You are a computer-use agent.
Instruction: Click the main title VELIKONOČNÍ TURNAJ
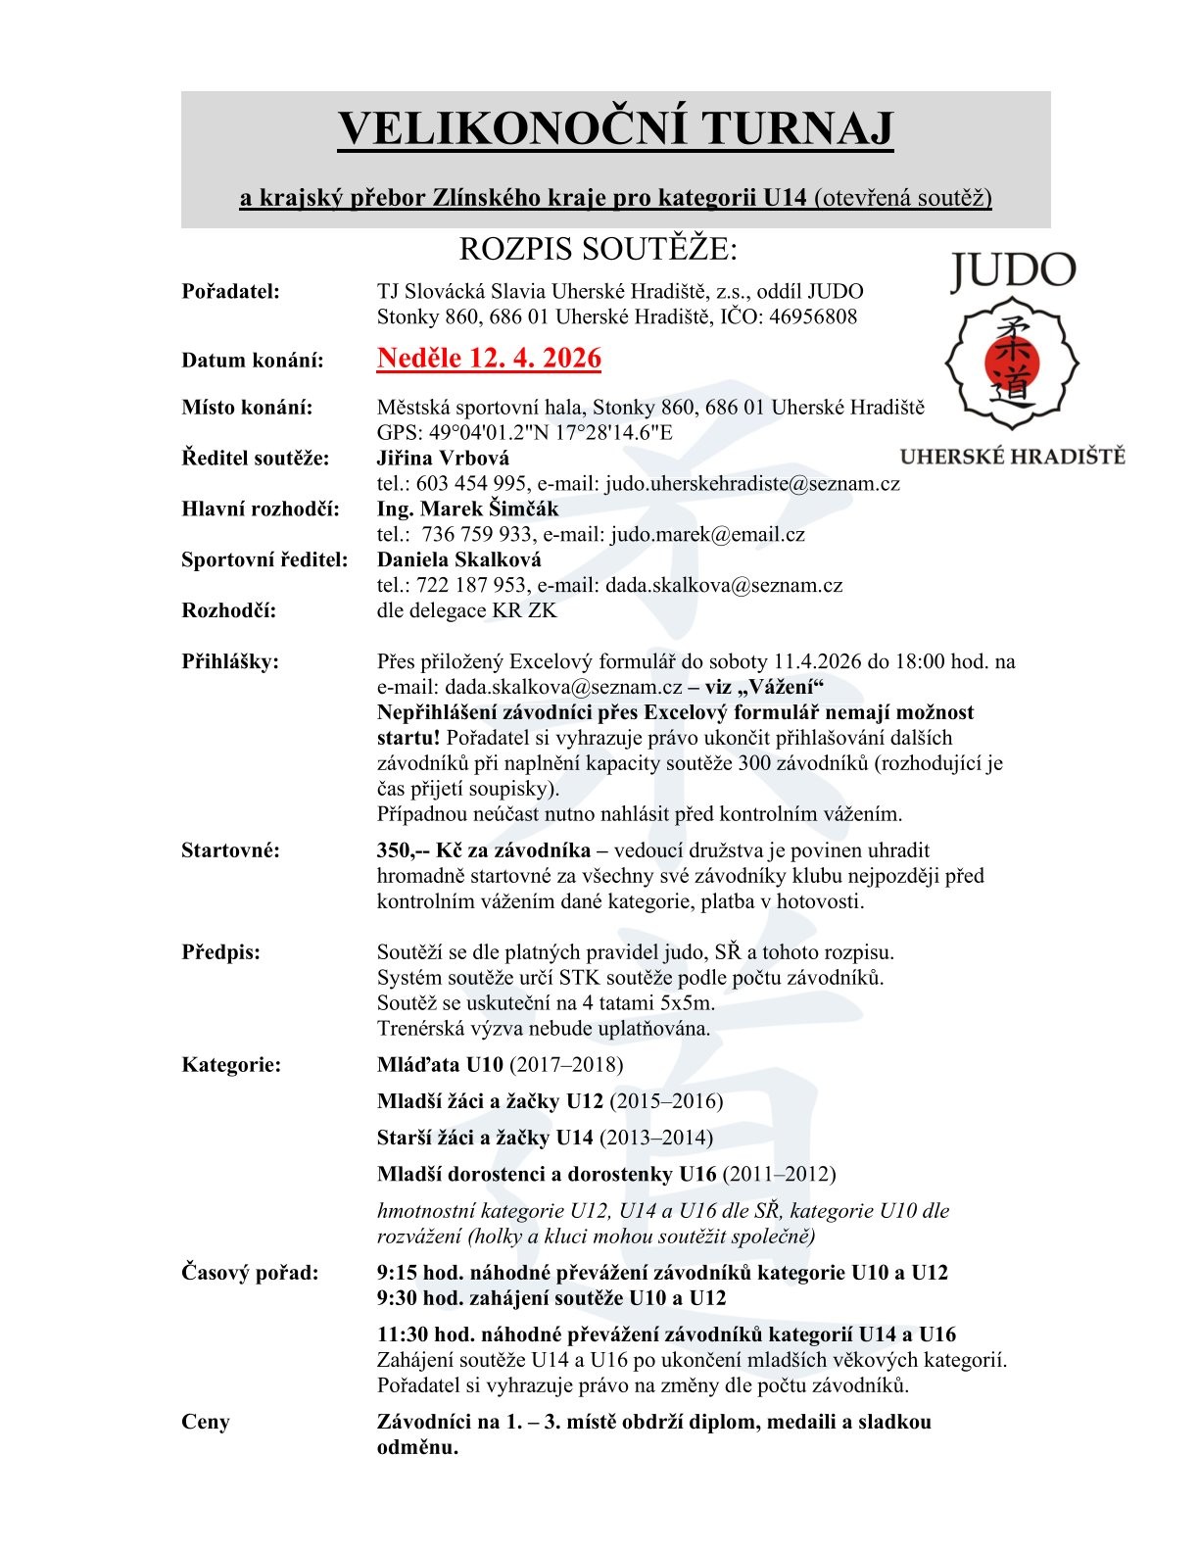click(615, 129)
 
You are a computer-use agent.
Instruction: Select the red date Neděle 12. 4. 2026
click(489, 359)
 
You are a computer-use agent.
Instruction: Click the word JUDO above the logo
click(1013, 271)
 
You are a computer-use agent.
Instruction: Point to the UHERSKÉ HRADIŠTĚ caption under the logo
click(1012, 457)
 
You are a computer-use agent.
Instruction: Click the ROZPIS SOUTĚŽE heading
click(598, 250)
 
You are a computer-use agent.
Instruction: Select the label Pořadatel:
click(231, 291)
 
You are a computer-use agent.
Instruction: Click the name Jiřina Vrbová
click(443, 458)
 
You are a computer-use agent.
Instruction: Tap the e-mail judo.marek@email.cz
click(707, 534)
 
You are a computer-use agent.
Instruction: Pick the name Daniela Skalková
click(458, 559)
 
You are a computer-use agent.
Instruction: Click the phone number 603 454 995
click(457, 483)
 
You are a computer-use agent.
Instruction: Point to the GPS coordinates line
click(525, 432)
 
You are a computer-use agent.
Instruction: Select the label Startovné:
click(230, 850)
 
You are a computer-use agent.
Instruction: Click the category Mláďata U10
click(440, 1065)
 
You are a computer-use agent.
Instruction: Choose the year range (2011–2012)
click(779, 1174)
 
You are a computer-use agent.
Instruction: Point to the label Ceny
click(206, 1422)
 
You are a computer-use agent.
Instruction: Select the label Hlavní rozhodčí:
click(261, 509)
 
